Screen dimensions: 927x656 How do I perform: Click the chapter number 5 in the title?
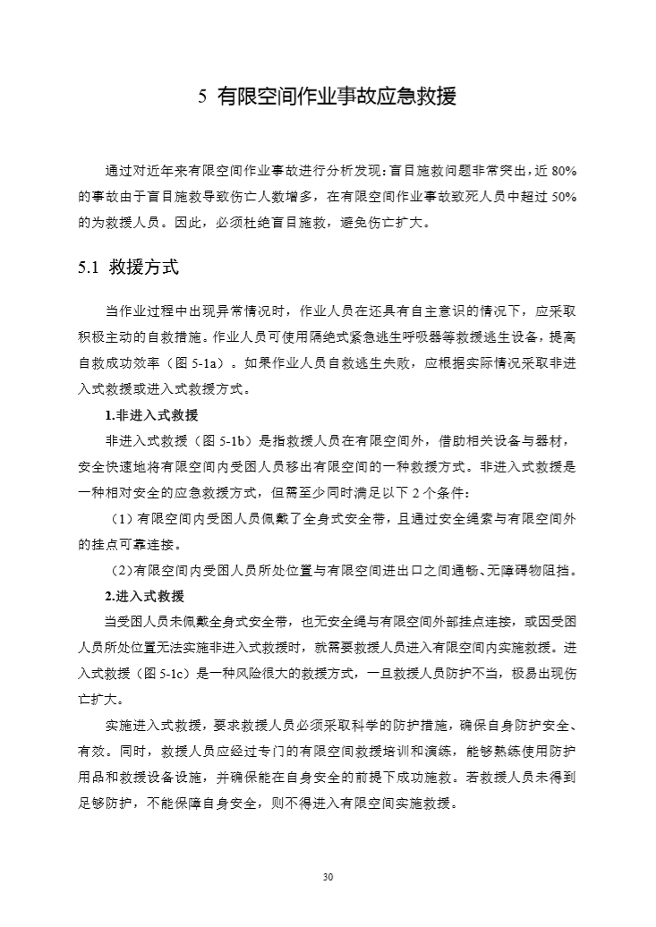[x=201, y=98]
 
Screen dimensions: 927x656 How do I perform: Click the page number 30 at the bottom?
[x=328, y=877]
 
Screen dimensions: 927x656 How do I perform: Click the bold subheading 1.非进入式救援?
[x=151, y=415]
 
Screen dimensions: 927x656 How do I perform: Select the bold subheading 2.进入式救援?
[x=145, y=596]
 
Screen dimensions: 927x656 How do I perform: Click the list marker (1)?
[x=122, y=518]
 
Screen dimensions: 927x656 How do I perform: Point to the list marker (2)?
[x=120, y=570]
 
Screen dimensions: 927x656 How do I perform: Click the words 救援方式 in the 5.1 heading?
[x=144, y=267]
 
